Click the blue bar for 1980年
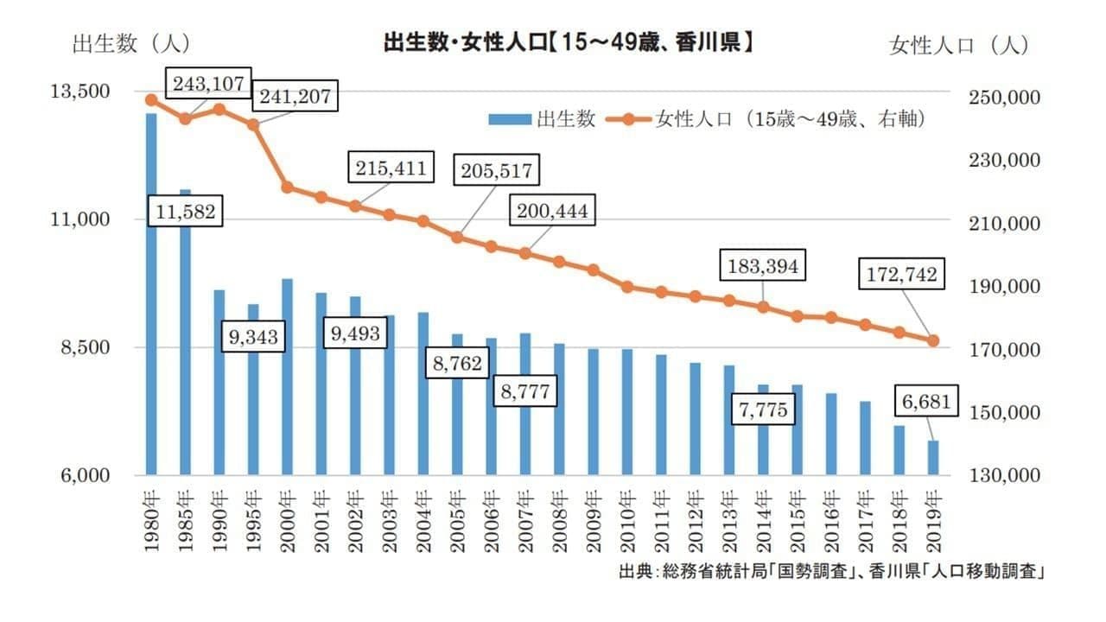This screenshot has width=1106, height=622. (x=151, y=294)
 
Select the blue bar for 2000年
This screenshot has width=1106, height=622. (x=287, y=377)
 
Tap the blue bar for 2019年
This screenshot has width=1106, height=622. (x=933, y=458)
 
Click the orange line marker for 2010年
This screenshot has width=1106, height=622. (x=627, y=287)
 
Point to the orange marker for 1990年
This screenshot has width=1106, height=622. (x=219, y=109)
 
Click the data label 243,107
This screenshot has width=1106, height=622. (x=208, y=85)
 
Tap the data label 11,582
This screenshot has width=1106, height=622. (x=186, y=210)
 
